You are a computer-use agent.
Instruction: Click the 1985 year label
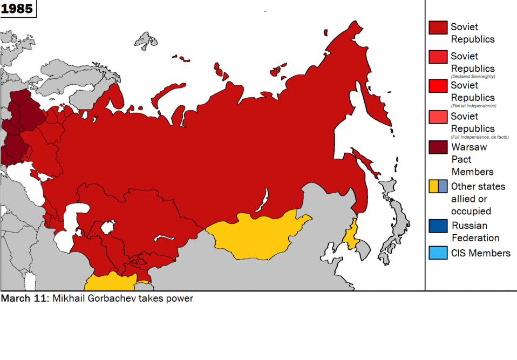point(17,9)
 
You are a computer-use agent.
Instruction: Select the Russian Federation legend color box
point(438,226)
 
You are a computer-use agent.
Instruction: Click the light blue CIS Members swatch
point(438,253)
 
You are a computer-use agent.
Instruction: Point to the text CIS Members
point(480,253)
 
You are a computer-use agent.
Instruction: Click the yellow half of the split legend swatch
point(433,186)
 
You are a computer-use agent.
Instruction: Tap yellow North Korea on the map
point(351,235)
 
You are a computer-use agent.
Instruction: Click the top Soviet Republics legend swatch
point(438,28)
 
